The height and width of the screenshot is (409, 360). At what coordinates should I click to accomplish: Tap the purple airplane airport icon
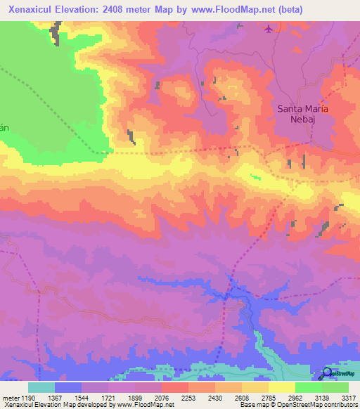pyautogui.click(x=268, y=29)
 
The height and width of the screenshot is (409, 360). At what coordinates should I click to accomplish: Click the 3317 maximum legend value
pyautogui.click(x=348, y=398)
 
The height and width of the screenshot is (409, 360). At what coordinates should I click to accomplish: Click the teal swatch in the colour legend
pyautogui.click(x=41, y=387)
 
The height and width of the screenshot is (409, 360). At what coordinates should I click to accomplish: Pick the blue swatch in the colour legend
pyautogui.click(x=68, y=387)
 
